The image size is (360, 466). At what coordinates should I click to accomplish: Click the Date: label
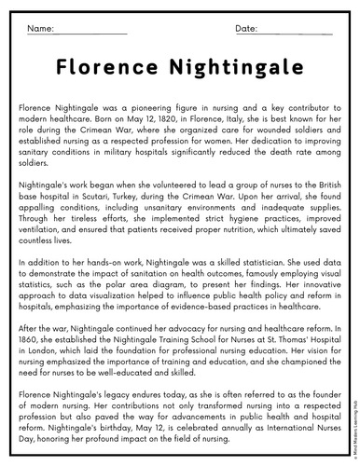coord(246,30)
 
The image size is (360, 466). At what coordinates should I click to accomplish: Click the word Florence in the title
coord(111,70)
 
